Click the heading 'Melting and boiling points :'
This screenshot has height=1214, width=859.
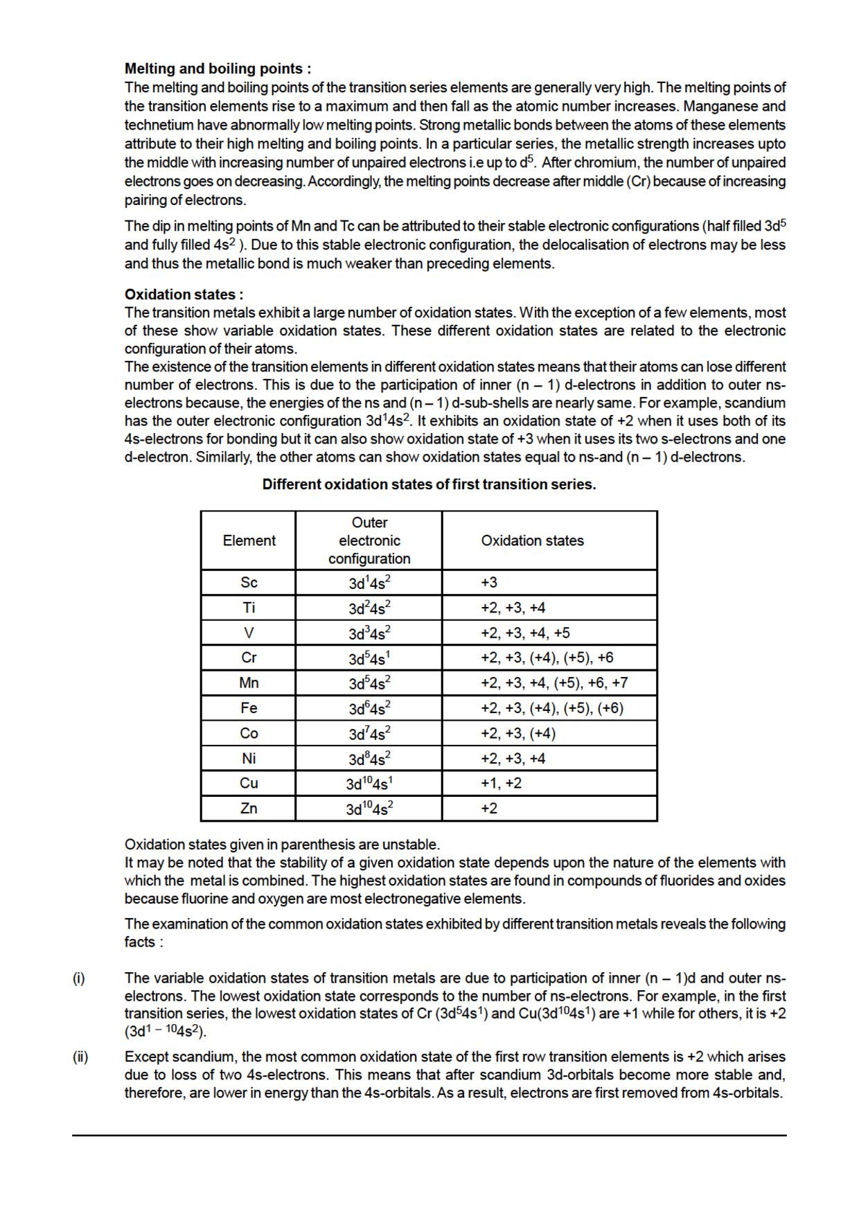point(218,69)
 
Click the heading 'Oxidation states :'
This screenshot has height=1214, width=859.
point(184,294)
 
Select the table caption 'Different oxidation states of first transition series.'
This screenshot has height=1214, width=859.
point(429,484)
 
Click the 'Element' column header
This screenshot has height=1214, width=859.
point(249,540)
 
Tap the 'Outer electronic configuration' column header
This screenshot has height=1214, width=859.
point(369,540)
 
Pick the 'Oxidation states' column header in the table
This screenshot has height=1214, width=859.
point(532,540)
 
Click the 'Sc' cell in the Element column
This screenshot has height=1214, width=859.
point(249,583)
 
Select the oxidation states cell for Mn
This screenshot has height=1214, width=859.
point(554,683)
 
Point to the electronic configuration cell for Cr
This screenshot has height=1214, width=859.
point(369,658)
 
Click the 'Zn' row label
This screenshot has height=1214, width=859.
point(249,808)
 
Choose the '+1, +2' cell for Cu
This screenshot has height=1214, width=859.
point(501,783)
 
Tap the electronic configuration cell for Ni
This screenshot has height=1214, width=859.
point(369,759)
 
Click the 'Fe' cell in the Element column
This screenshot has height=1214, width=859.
point(249,708)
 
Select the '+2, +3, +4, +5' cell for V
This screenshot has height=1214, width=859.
point(525,633)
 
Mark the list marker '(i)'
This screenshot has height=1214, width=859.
point(79,978)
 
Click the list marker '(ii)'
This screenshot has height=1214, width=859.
point(80,1057)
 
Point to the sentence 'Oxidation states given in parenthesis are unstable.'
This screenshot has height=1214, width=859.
point(282,845)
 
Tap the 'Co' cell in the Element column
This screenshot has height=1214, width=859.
point(249,733)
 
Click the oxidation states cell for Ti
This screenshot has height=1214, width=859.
point(513,608)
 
